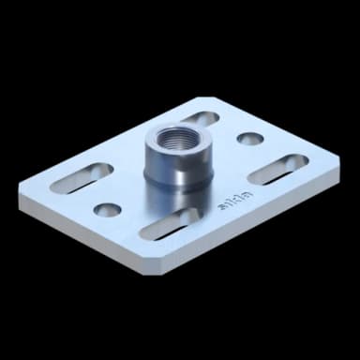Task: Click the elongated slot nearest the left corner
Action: (80, 176)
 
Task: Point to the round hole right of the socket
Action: (249, 139)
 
